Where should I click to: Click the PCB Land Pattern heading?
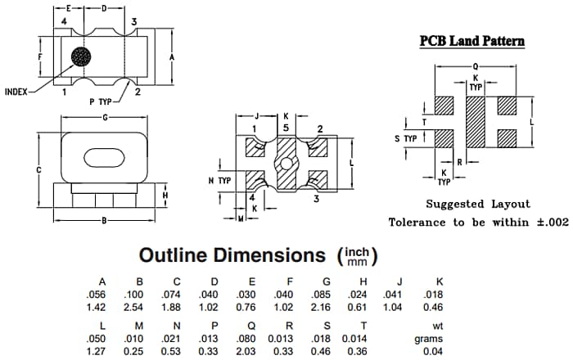tap(472, 41)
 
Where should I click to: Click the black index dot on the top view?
tap(82, 57)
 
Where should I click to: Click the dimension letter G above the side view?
tap(106, 119)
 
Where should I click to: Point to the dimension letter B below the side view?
tap(105, 221)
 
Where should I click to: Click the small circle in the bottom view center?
tap(286, 164)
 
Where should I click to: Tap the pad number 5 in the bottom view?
tap(286, 128)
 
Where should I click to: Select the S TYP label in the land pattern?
tap(407, 139)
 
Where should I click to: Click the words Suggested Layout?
tap(478, 204)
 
